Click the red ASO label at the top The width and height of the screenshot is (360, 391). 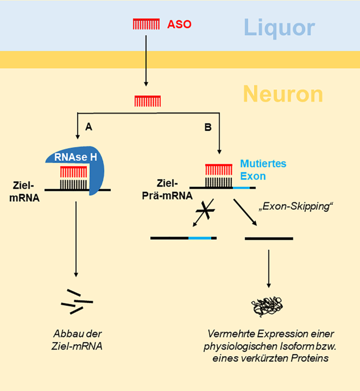[179, 24]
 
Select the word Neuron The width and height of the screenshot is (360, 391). [283, 94]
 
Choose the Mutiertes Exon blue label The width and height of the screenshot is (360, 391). [263, 170]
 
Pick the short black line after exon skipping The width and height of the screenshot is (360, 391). [269, 238]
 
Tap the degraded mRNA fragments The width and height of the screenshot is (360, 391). [76, 302]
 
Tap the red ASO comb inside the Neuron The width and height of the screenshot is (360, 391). [148, 100]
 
